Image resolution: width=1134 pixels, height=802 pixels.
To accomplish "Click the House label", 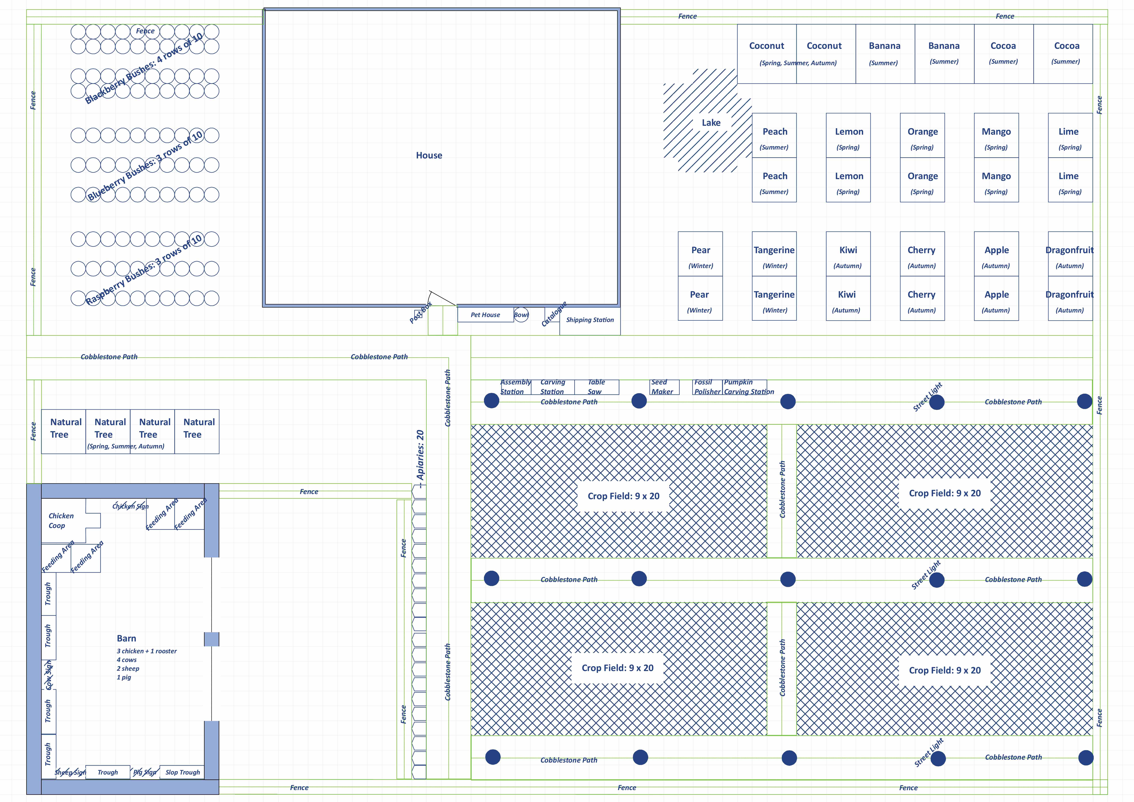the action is pos(429,155).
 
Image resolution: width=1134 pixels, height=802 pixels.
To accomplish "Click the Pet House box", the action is pos(485,315).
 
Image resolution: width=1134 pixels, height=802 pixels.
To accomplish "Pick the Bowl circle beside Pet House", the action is pos(521,315).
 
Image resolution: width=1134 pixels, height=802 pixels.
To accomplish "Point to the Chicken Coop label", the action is pos(61,520).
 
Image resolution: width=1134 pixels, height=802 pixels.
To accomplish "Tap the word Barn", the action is pos(126,638).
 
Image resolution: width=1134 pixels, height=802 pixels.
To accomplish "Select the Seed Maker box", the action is pos(664,387).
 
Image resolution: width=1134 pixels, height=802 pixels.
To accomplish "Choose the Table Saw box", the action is pos(596,387).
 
